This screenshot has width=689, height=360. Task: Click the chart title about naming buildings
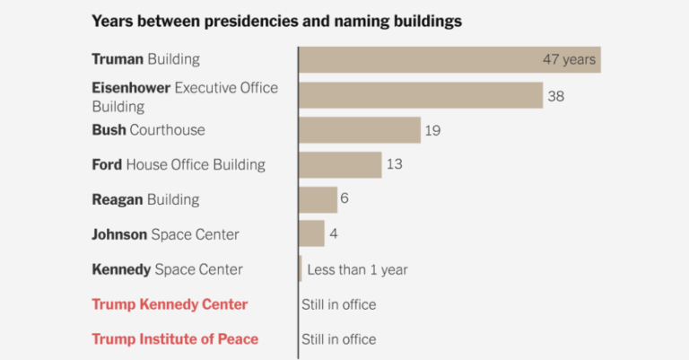click(x=276, y=21)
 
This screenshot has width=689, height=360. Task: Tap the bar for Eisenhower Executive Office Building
click(x=420, y=95)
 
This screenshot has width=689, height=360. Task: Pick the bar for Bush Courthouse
click(x=359, y=130)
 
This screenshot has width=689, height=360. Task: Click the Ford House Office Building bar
click(x=340, y=165)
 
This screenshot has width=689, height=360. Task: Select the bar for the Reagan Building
click(x=318, y=199)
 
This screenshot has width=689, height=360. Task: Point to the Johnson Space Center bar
click(x=311, y=233)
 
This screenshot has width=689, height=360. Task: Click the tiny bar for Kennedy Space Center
click(x=300, y=268)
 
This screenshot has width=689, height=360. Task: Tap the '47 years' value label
click(x=568, y=60)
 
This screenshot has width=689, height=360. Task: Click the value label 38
click(x=555, y=96)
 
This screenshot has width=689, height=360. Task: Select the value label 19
click(x=432, y=131)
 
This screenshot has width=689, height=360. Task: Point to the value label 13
click(x=394, y=165)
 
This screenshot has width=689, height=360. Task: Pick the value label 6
click(x=344, y=198)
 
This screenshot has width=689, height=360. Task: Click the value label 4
click(x=332, y=234)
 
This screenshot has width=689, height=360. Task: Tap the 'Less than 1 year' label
click(x=357, y=269)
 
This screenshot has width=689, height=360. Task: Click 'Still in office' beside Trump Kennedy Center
click(x=338, y=304)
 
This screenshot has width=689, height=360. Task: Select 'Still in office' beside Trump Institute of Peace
click(x=338, y=339)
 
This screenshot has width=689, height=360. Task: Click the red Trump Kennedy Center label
click(x=170, y=304)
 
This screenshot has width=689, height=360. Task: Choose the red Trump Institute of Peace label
click(x=175, y=339)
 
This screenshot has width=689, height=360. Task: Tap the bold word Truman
click(x=118, y=60)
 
